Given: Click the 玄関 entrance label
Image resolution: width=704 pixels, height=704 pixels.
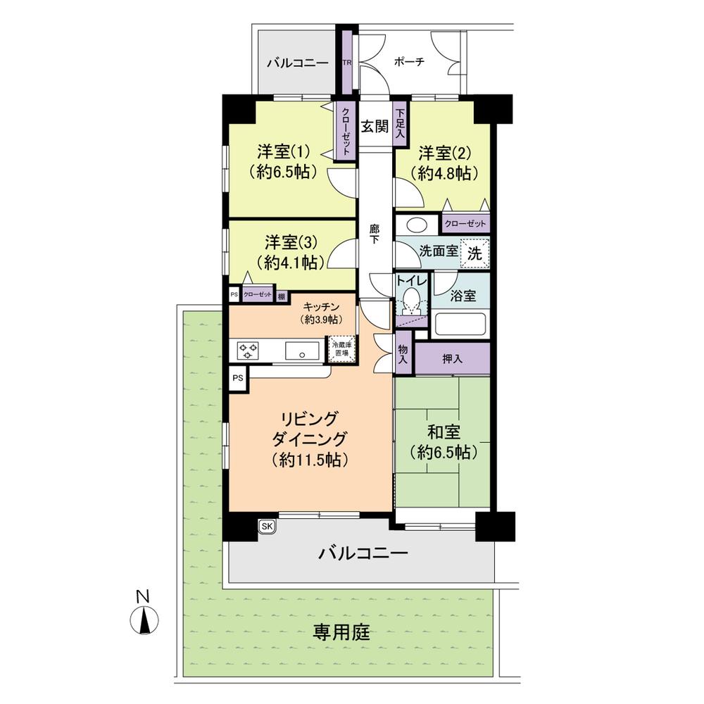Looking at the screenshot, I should coord(375,127).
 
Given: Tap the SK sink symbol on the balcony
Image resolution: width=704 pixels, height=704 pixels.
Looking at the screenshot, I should coord(268,525).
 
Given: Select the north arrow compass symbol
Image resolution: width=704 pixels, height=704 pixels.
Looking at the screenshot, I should coord(144,620).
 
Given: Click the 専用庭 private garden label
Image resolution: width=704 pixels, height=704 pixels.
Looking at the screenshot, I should coord(341,631).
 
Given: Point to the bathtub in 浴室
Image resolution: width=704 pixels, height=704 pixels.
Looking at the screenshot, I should coord(461,325).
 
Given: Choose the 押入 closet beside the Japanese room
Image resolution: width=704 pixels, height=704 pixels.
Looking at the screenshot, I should coord(452,359).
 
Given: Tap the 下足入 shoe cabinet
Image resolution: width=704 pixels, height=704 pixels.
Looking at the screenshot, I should coord(401,123).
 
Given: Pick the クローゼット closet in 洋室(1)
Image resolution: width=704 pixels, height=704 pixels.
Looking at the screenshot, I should coord(346,132).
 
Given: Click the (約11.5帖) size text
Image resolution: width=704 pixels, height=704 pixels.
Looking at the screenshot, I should coord(310,460).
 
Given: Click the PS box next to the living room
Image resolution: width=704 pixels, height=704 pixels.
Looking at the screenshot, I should coord(238,377).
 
